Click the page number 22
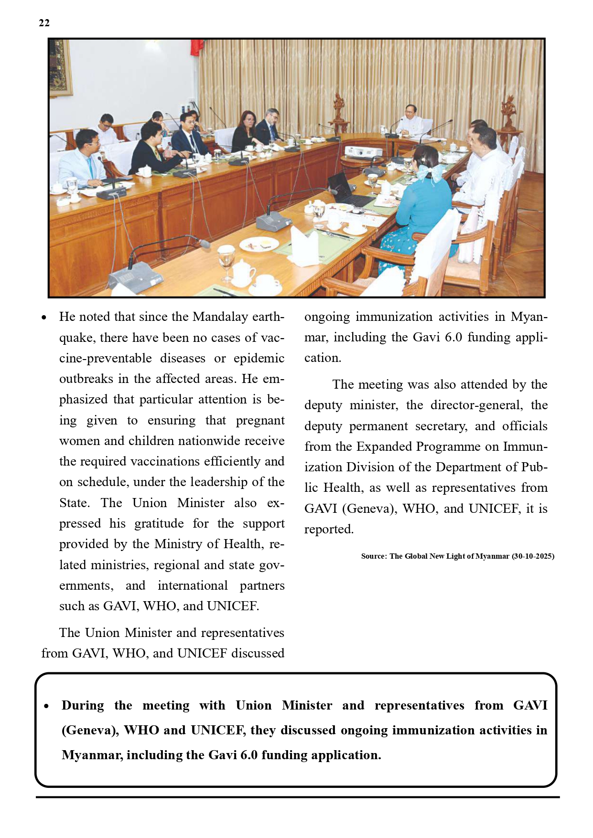click(44, 23)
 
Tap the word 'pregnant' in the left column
click(260, 421)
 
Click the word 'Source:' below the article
click(374, 556)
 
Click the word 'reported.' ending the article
click(329, 530)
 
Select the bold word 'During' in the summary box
click(83, 706)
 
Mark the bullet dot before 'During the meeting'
click(46, 706)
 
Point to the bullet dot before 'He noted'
click(44, 318)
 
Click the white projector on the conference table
click(363, 152)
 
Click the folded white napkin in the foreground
click(304, 246)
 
